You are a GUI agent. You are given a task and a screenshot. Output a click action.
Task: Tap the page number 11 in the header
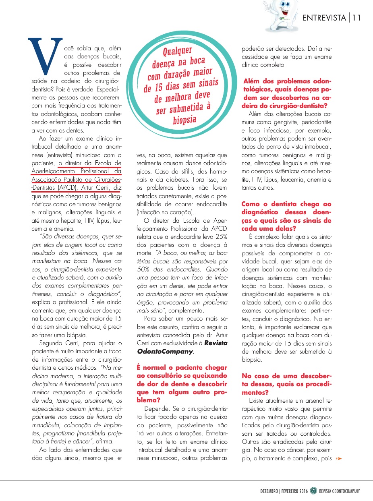[x=356, y=18]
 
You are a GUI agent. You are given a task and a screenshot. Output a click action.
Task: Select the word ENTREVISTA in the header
[x=324, y=18]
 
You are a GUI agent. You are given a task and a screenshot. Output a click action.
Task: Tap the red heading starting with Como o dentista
[x=286, y=216]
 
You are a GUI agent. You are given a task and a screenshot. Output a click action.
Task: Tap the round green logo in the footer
[x=313, y=491]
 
